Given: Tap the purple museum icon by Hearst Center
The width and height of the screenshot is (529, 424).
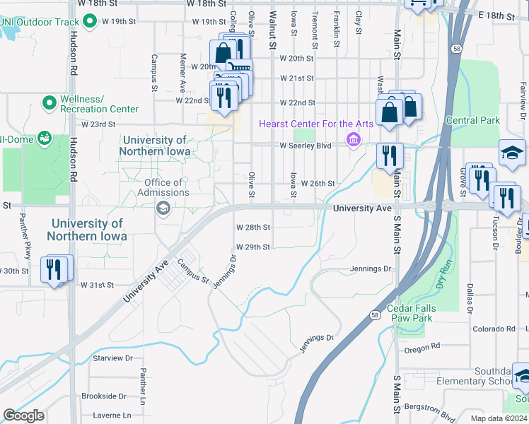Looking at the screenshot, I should point(353,140).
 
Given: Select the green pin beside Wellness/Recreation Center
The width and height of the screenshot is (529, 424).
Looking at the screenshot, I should point(50,104).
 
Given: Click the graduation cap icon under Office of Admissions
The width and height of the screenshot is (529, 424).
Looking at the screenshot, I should point(163,207).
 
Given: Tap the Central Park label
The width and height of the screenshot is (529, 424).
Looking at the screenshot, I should point(473,120).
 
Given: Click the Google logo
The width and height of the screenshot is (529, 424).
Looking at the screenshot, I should point(23,416).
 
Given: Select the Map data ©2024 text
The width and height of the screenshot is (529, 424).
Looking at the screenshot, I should point(499,418).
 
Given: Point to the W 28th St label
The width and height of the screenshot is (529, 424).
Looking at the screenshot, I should point(253,228).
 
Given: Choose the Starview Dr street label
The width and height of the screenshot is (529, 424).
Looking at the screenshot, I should point(112,358).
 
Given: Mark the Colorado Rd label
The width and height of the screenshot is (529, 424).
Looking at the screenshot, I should point(494,329).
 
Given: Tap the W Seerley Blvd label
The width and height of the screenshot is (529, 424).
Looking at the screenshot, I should point(306,146).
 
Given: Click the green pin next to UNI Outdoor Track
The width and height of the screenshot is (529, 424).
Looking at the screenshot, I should point(89,22).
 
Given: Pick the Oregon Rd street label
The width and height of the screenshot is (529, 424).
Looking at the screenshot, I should point(422,347).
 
